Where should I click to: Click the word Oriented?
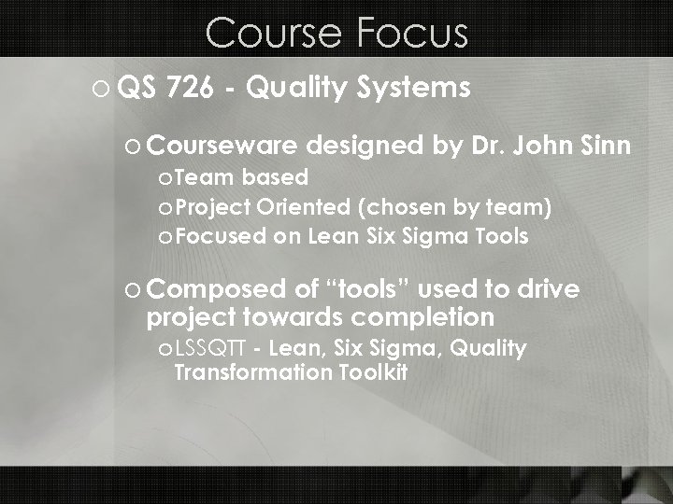288,206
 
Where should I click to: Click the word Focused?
219,236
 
